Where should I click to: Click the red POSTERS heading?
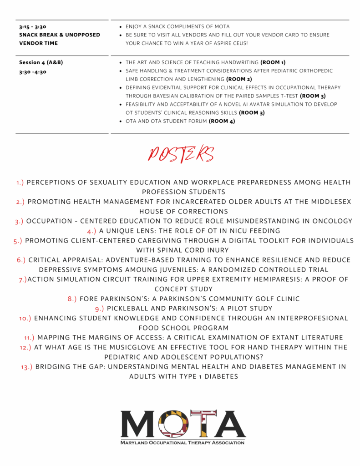tap(181, 155)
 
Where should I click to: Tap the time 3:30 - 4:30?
tap(33, 72)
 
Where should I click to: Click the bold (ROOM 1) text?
tap(273, 62)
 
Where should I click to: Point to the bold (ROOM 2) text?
tap(239, 79)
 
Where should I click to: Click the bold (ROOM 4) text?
tap(222, 122)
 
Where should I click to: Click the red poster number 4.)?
tap(91, 231)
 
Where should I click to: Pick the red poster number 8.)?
tap(72, 299)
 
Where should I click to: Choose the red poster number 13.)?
tap(27, 367)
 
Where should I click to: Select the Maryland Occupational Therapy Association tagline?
tap(183, 442)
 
